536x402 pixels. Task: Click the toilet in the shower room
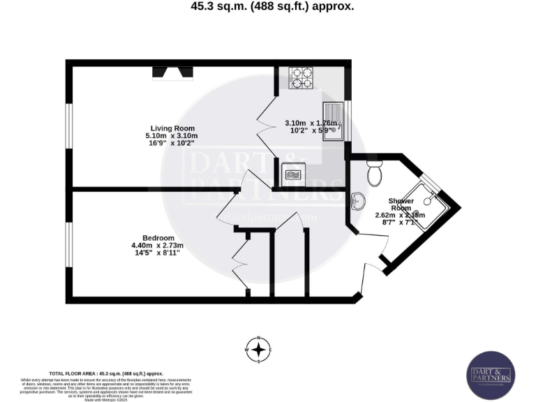(x=375, y=170)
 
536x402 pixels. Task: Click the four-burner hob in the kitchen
(x=301, y=77)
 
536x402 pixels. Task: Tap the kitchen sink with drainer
(x=333, y=121)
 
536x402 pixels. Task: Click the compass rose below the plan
(x=259, y=350)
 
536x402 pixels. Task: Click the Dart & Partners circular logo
(x=491, y=375)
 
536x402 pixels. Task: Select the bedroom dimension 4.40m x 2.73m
(x=157, y=245)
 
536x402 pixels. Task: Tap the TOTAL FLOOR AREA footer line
(x=106, y=374)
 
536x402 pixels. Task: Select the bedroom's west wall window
(x=68, y=244)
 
